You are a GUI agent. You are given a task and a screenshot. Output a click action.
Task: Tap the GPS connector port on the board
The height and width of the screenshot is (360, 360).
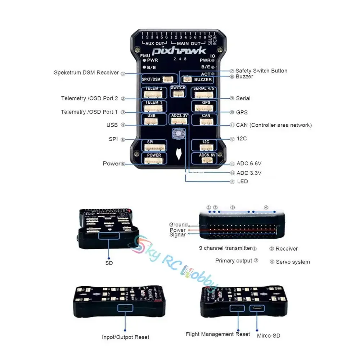tap(206, 107)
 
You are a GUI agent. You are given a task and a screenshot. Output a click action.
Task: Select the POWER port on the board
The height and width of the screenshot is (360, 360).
tap(154, 159)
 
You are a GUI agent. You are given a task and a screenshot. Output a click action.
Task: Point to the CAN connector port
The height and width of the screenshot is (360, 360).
tap(206, 121)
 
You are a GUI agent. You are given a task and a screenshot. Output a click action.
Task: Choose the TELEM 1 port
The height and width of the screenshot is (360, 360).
tap(154, 107)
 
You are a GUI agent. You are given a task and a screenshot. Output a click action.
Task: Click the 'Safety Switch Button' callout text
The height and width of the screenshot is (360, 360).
tap(261, 71)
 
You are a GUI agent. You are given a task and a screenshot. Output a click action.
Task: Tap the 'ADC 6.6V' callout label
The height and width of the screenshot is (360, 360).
tap(249, 163)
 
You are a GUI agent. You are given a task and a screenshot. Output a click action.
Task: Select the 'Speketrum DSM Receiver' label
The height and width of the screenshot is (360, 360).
tap(86, 73)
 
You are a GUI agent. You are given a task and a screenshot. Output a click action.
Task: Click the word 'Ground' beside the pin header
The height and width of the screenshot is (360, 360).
tap(178, 225)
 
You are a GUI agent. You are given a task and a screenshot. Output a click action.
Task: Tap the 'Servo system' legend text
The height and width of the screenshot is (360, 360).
tap(293, 262)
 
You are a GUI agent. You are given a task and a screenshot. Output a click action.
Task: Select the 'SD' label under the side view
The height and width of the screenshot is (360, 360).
tap(109, 263)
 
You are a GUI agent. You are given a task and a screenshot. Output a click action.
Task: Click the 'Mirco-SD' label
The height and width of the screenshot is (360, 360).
tap(269, 336)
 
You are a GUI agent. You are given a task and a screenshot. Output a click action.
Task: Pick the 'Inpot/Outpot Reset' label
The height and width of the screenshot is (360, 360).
tap(125, 337)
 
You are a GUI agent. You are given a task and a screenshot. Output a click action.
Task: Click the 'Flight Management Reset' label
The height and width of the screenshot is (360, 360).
tap(218, 334)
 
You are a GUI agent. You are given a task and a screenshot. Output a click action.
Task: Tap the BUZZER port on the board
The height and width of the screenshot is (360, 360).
tap(198, 79)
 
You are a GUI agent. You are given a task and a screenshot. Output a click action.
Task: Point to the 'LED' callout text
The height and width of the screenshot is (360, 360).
tap(242, 181)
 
